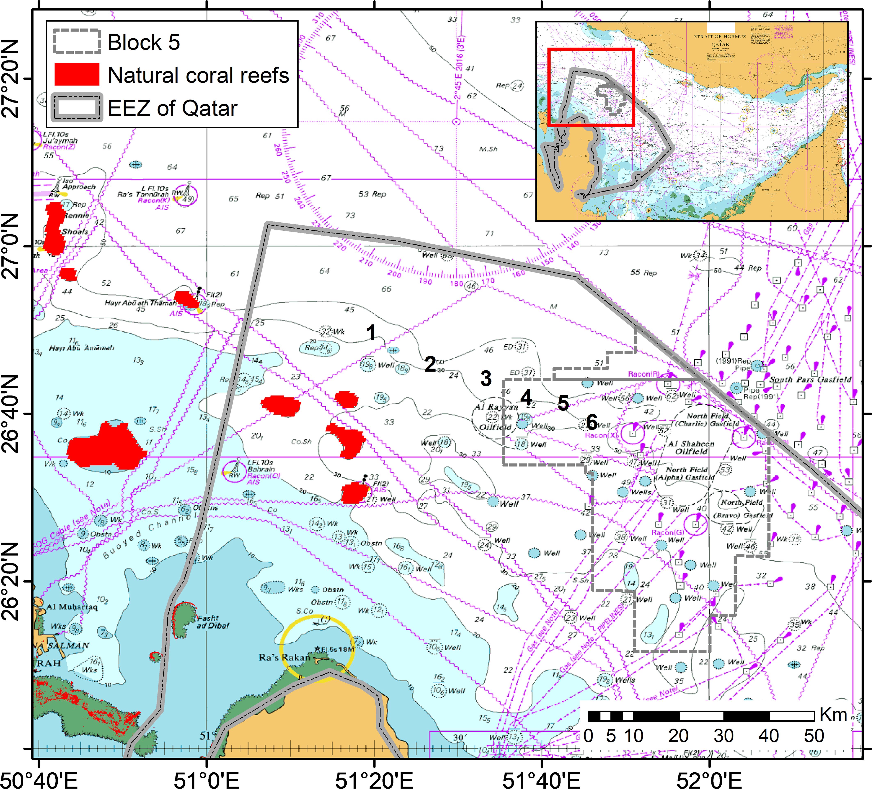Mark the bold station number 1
[x=371, y=333]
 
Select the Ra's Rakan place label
[x=285, y=658]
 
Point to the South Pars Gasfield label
[x=810, y=379]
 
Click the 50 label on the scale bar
[x=814, y=736]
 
